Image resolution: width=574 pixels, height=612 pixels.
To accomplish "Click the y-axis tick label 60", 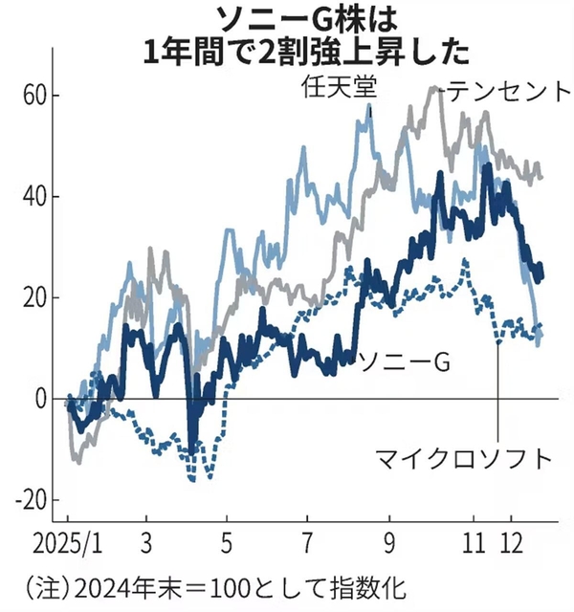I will point(33,96).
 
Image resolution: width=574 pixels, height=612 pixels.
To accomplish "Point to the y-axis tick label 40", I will point(33,197).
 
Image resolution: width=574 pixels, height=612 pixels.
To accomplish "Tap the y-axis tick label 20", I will point(33,297).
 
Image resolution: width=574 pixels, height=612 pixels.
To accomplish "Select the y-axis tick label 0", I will point(40,399).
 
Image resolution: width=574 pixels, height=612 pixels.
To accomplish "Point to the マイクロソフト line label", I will point(464,457).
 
